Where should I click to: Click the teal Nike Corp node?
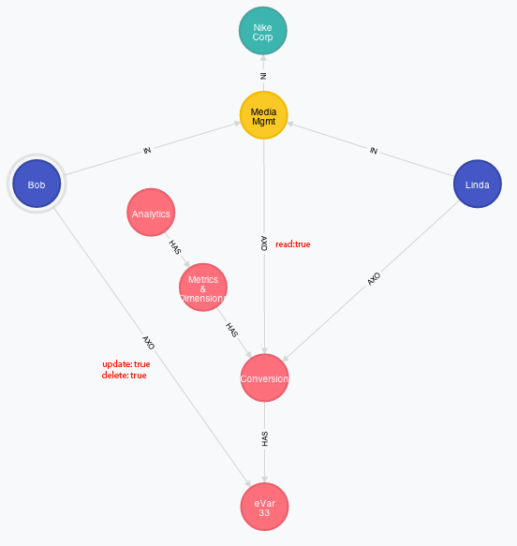pos(263,31)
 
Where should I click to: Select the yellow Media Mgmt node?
pos(263,115)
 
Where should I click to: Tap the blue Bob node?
pos(37,184)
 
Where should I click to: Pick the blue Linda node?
pos(478,184)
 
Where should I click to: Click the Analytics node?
pos(151,213)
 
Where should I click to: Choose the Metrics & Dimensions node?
pos(203,288)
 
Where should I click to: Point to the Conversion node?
pos(264,377)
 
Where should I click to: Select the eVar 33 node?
pos(264,507)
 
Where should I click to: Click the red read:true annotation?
pos(293,244)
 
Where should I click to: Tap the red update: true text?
pos(126,364)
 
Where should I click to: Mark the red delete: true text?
pos(124,375)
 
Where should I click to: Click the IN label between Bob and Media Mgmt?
pos(147,150)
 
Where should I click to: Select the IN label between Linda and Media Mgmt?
pos(374,151)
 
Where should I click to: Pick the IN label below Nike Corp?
pos(263,76)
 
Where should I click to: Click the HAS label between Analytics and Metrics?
pos(175,247)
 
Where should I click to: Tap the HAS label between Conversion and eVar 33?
pos(265,438)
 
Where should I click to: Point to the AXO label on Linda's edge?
pos(374,279)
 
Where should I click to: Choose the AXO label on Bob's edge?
pos(148,343)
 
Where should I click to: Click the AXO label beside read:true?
pos(264,243)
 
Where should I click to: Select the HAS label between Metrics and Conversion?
pos(232,330)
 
